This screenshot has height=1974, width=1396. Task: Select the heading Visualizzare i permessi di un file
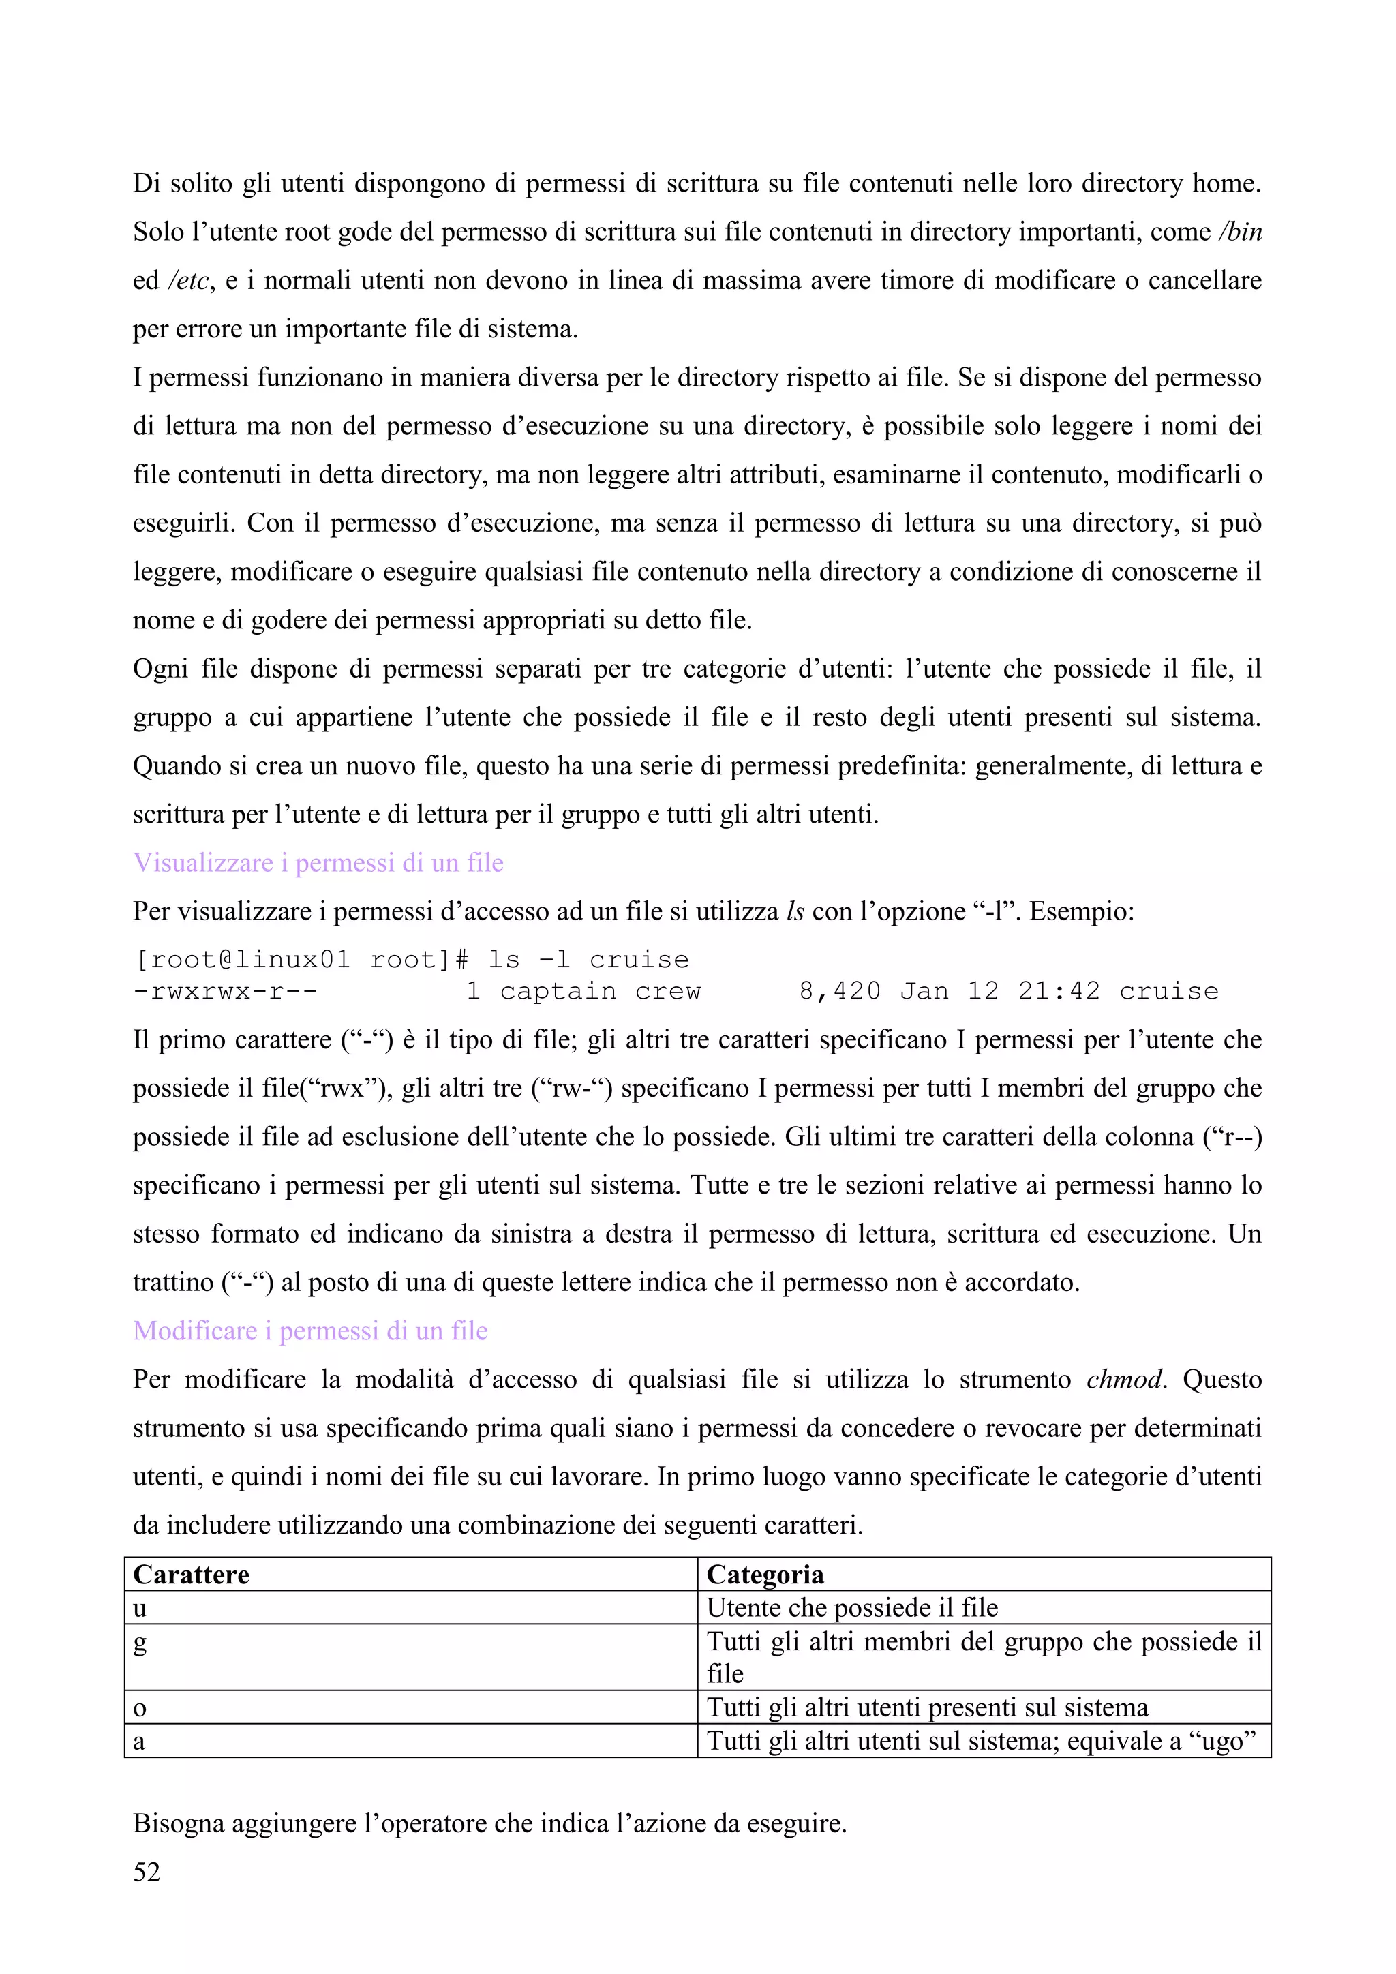(x=318, y=862)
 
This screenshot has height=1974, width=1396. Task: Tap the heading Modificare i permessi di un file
(x=310, y=1331)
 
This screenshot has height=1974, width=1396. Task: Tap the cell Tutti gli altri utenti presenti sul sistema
(x=926, y=1707)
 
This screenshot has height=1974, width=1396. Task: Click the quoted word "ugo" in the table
(x=1221, y=1741)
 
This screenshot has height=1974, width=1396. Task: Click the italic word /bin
(x=1239, y=232)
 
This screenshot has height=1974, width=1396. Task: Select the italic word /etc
(x=188, y=281)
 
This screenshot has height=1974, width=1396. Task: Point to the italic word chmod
(x=1124, y=1380)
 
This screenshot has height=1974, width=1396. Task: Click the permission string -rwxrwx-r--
(x=226, y=991)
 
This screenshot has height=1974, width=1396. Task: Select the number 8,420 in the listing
(x=839, y=991)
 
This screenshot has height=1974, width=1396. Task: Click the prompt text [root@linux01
(x=241, y=960)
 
